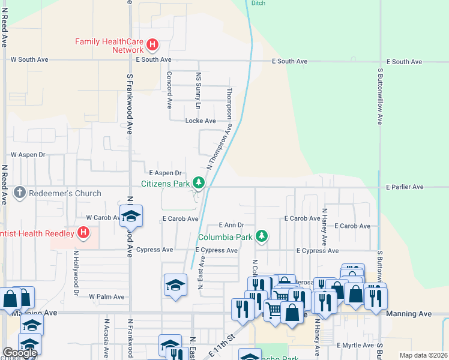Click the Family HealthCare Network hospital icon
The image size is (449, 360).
152,44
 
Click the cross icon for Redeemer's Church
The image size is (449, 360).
19,193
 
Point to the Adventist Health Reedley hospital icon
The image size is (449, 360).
83,232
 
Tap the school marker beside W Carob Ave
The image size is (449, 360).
130,215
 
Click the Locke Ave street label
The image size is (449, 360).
200,121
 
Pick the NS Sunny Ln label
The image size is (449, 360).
199,90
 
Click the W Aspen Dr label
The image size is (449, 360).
28,155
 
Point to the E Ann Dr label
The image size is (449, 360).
232,225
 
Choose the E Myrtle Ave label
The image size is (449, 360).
355,346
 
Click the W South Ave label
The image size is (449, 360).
29,60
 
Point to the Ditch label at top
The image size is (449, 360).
258,3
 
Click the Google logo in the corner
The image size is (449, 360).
20,353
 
